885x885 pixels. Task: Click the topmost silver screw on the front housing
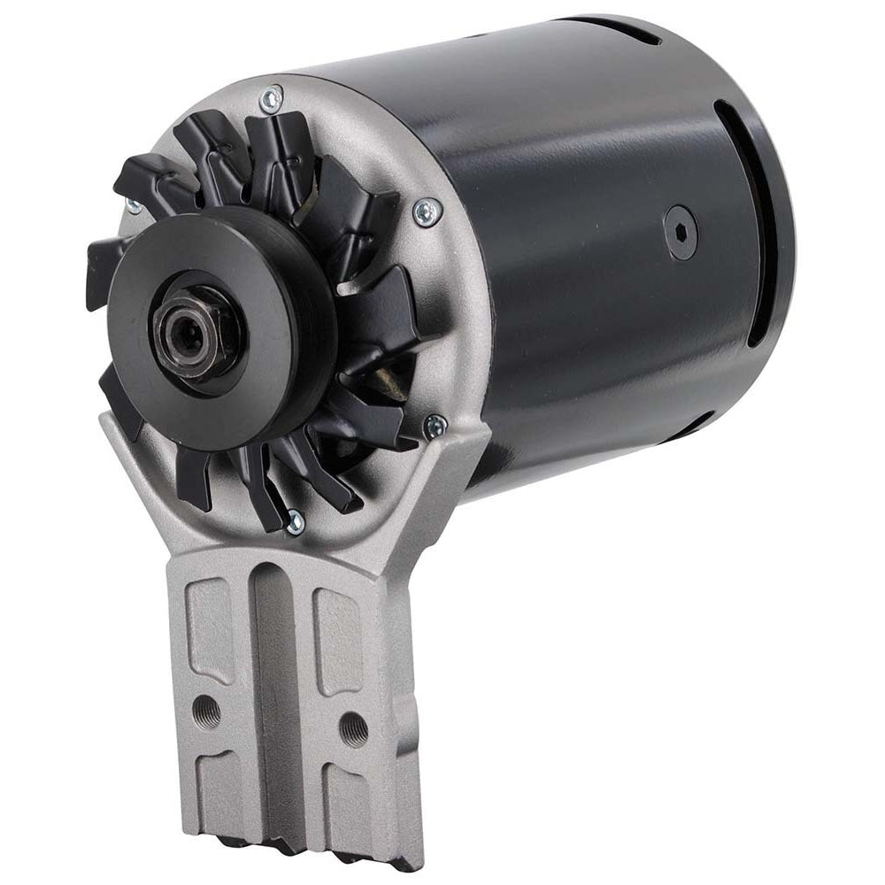pyautogui.click(x=273, y=99)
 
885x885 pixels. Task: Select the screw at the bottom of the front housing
pyautogui.click(x=295, y=522)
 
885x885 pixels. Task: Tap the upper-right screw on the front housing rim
pyautogui.click(x=428, y=211)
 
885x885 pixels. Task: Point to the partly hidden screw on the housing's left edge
pyautogui.click(x=134, y=205)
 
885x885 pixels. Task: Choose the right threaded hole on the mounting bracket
pyautogui.click(x=352, y=727)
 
